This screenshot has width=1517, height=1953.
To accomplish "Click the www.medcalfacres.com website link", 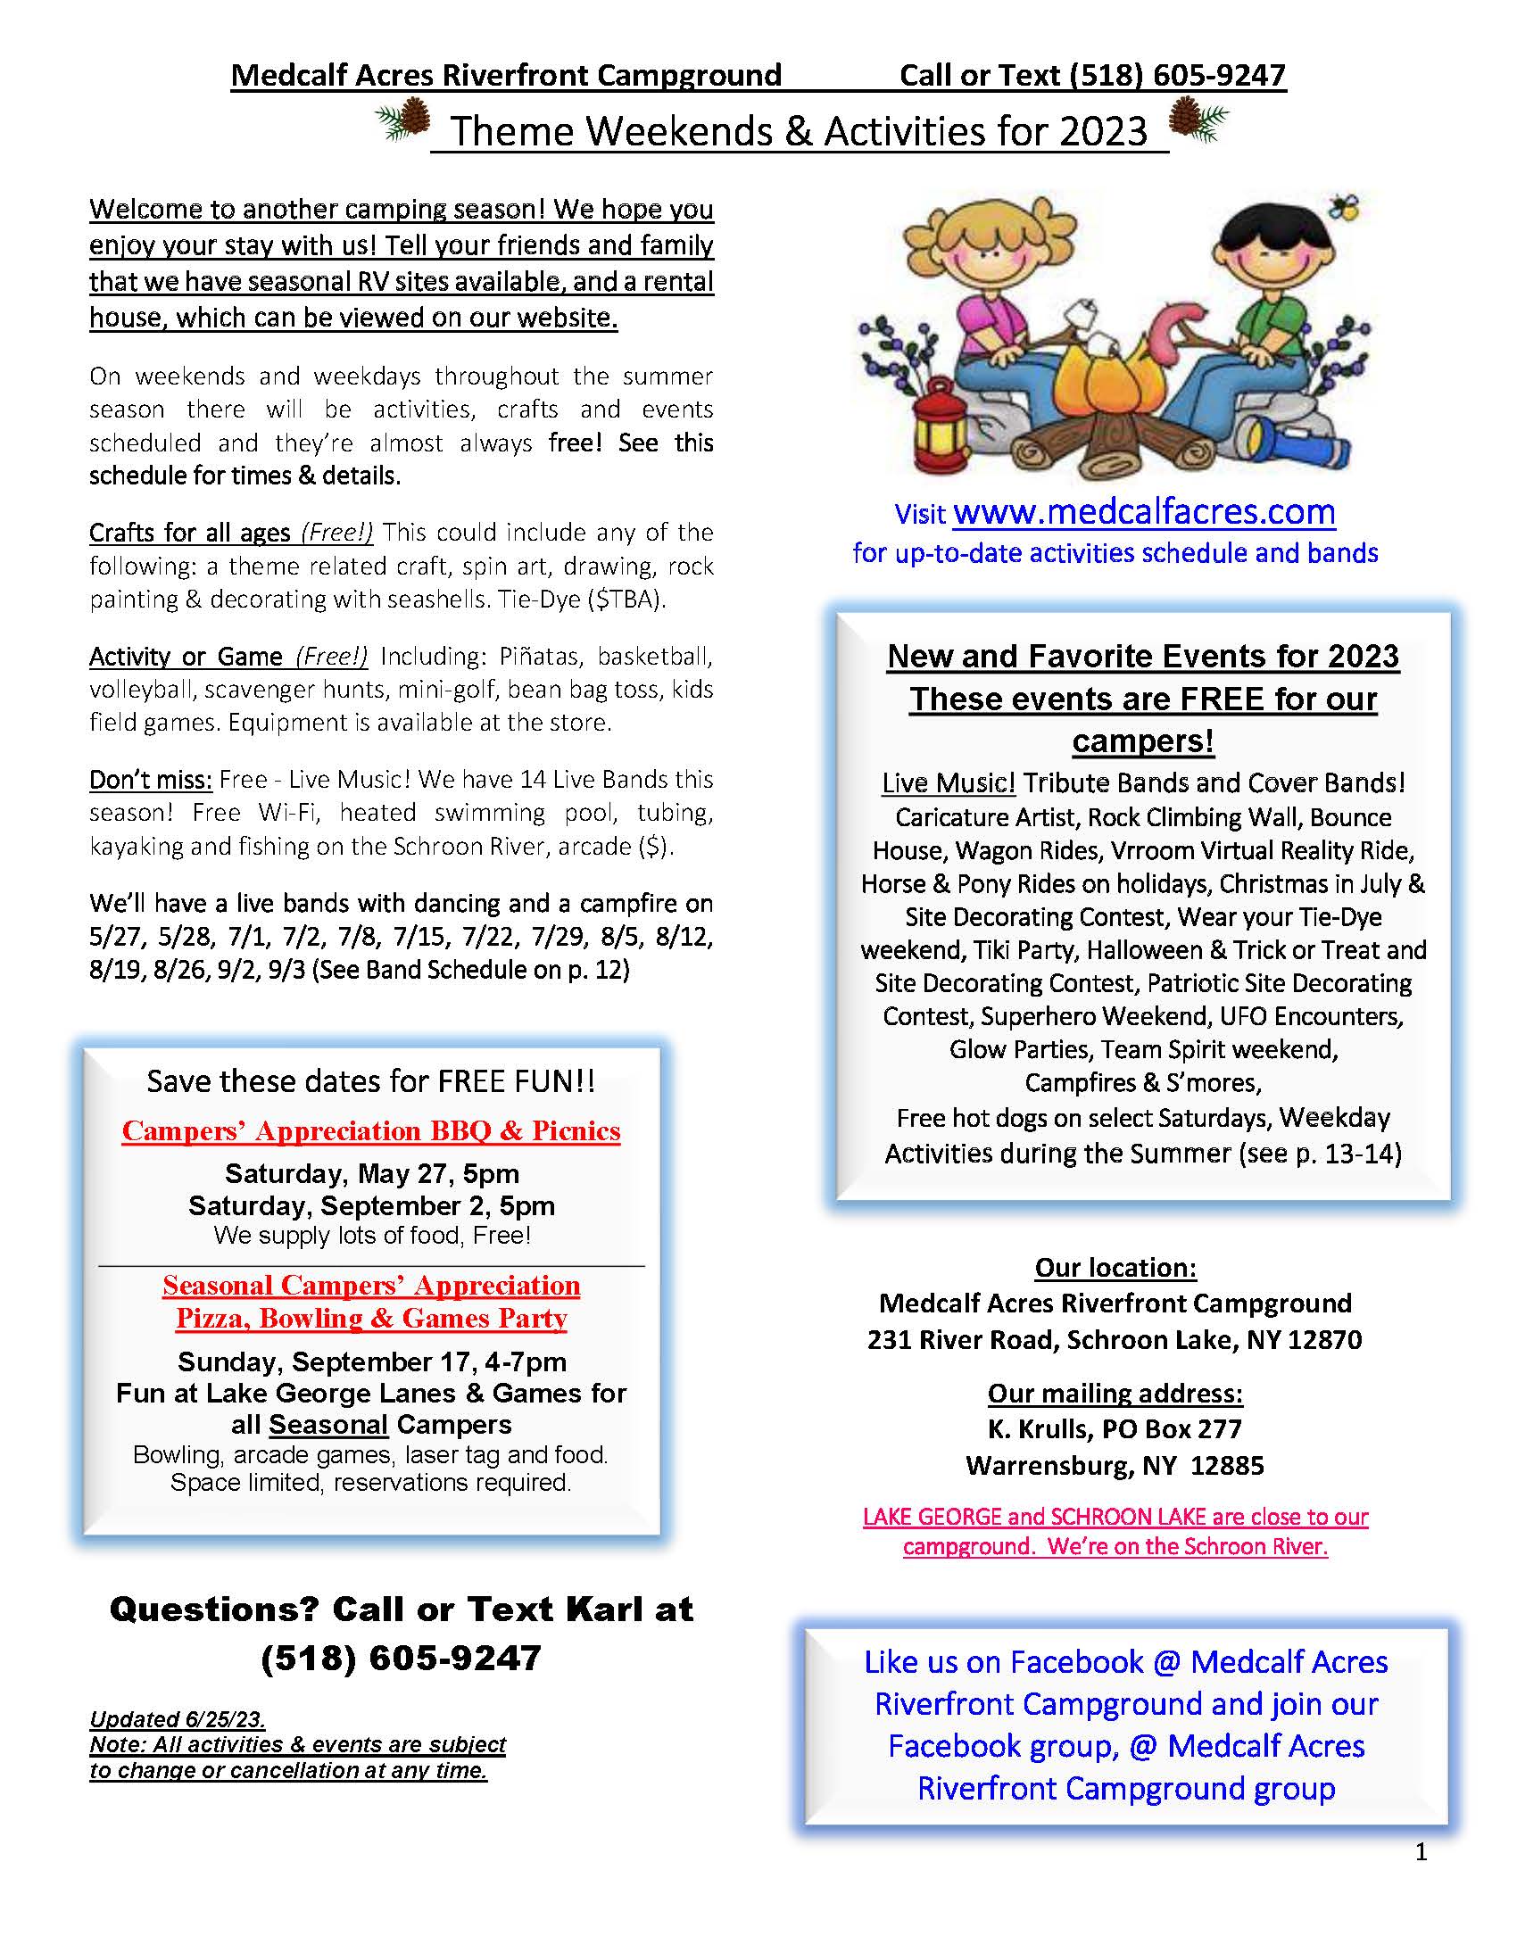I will (x=1144, y=512).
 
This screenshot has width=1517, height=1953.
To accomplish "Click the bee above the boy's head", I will (x=1344, y=208).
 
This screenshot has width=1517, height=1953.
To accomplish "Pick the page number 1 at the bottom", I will (x=1422, y=1852).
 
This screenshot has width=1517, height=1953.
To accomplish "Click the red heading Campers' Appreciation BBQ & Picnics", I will (x=370, y=1131).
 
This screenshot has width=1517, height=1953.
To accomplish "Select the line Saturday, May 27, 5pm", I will (x=371, y=1173).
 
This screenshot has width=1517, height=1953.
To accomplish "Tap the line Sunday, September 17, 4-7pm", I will (x=371, y=1361).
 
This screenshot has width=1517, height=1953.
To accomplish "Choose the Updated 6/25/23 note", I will (x=177, y=1718).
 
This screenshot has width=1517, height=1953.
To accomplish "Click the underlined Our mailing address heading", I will (x=1115, y=1394).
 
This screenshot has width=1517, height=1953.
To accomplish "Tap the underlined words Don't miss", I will (x=150, y=780).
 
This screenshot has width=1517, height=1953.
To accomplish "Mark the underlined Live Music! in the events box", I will (x=948, y=783).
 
